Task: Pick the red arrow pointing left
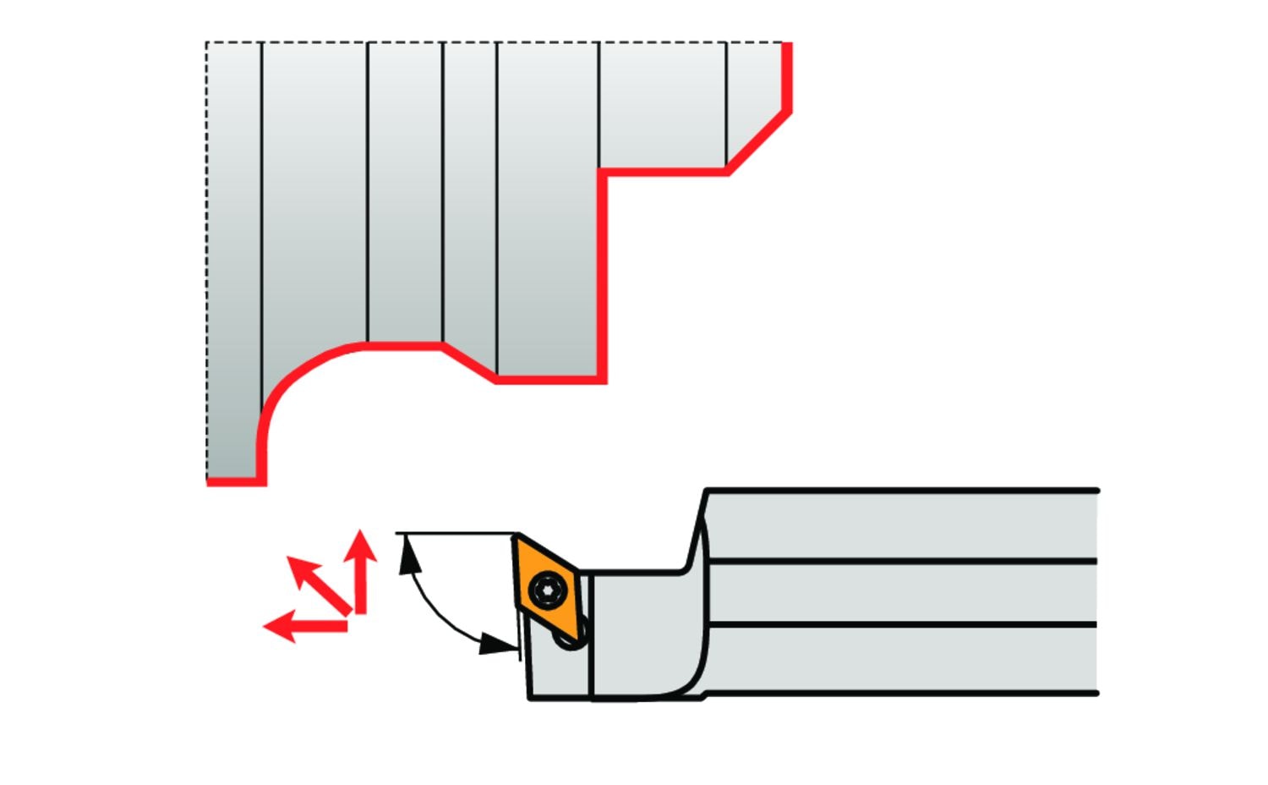[304, 626]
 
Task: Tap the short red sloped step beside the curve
[469, 362]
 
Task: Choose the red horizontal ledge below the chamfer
[664, 172]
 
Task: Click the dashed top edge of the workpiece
[490, 42]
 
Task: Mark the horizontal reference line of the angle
[456, 534]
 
